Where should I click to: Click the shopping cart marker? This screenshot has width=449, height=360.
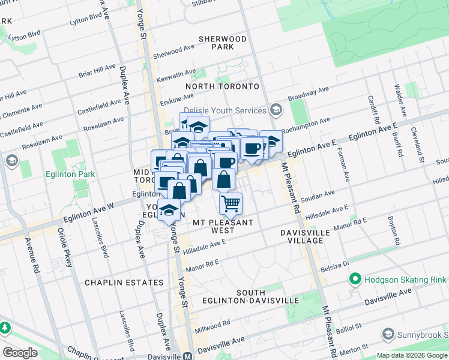pyautogui.click(x=231, y=203)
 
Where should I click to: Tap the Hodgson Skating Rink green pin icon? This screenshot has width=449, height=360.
pyautogui.click(x=355, y=280)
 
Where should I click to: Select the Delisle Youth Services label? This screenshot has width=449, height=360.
pyautogui.click(x=224, y=110)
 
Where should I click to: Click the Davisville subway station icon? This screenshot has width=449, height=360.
pyautogui.click(x=188, y=355)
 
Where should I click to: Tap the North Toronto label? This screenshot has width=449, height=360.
pyautogui.click(x=222, y=86)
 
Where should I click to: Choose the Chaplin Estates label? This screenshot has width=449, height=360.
pyautogui.click(x=124, y=282)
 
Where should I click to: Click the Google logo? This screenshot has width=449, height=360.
pyautogui.click(x=20, y=352)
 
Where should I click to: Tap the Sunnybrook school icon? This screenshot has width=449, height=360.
pyautogui.click(x=388, y=334)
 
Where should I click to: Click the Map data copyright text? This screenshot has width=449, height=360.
pyautogui.click(x=412, y=355)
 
